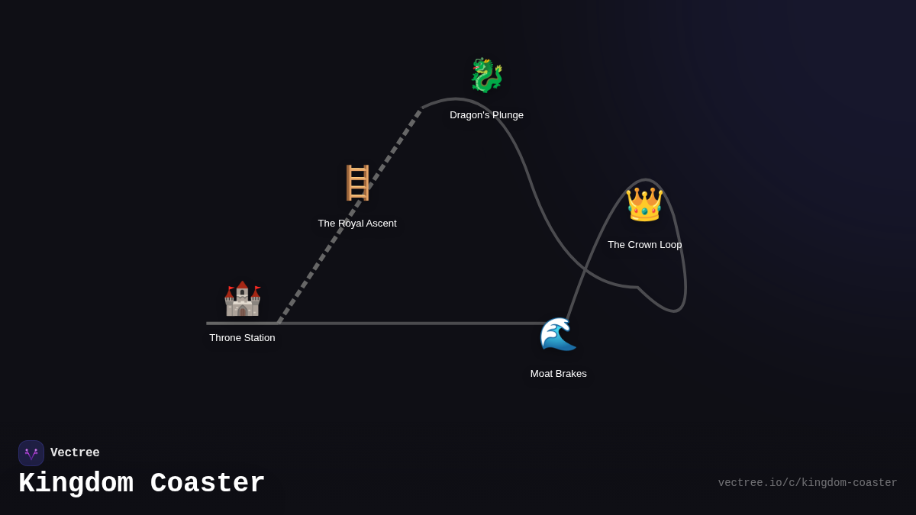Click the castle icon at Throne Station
click(x=242, y=299)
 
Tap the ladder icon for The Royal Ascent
click(x=357, y=183)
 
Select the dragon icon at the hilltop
click(x=486, y=76)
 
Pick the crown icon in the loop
click(x=644, y=204)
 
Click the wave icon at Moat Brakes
click(x=558, y=334)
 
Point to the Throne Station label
click(x=242, y=338)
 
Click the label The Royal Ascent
click(x=357, y=224)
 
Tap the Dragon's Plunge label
click(x=486, y=115)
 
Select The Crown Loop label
click(x=644, y=245)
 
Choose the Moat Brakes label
click(x=558, y=374)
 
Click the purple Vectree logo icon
click(x=31, y=453)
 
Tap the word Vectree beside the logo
click(x=75, y=453)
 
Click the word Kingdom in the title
click(x=76, y=484)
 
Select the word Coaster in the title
click(x=208, y=484)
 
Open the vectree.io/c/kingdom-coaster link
click(x=807, y=483)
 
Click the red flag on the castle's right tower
click(x=258, y=288)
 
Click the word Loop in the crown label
click(x=669, y=245)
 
